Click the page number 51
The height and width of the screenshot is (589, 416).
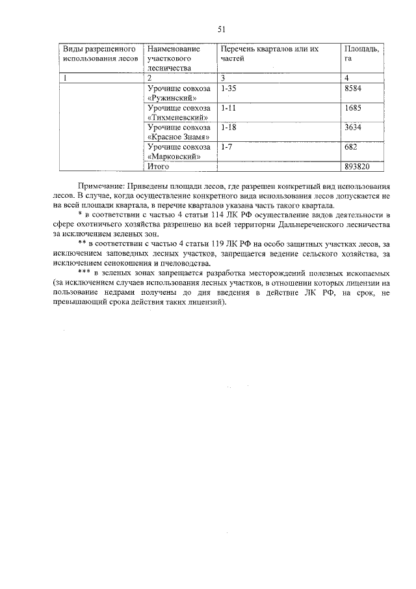(x=221, y=29)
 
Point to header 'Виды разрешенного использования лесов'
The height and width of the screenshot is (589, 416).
(x=99, y=53)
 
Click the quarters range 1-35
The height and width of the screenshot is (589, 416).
(x=228, y=88)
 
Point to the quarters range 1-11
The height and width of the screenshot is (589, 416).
(x=228, y=107)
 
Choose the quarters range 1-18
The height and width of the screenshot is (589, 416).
(x=228, y=127)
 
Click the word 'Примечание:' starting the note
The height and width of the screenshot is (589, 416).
(x=100, y=185)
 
